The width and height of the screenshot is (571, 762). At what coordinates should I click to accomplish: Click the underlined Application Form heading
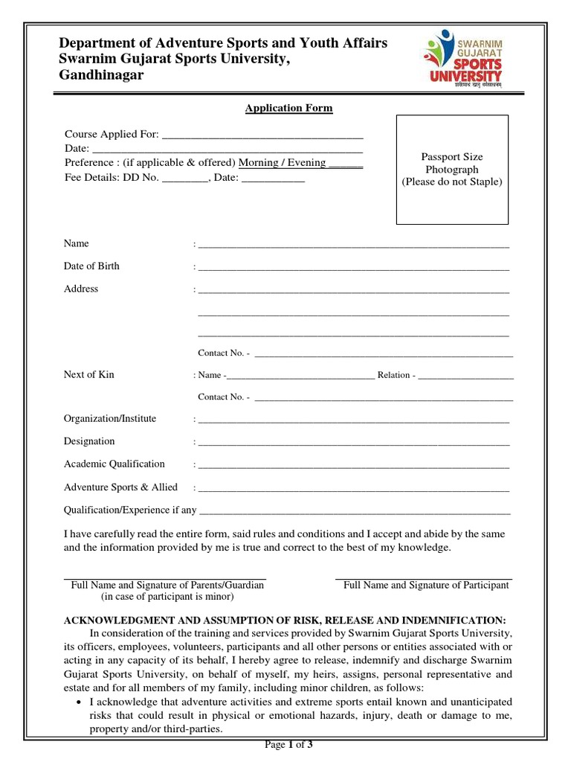pyautogui.click(x=289, y=109)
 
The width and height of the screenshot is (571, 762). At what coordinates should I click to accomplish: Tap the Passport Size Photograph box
pyautogui.click(x=452, y=170)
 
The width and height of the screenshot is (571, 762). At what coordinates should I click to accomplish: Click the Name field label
pyautogui.click(x=77, y=243)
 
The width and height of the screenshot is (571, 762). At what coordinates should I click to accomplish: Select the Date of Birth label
pyautogui.click(x=91, y=266)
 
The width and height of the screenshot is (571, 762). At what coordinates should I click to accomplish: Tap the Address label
pyautogui.click(x=81, y=289)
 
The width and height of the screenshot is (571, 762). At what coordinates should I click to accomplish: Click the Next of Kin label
pyautogui.click(x=89, y=374)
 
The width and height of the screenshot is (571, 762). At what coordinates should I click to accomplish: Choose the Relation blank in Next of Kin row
pyautogui.click(x=466, y=377)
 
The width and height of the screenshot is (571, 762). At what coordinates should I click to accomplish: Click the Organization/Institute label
pyautogui.click(x=110, y=418)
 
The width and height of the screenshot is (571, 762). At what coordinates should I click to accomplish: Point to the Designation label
pyautogui.click(x=89, y=441)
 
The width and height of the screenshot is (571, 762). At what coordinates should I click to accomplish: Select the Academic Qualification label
pyautogui.click(x=114, y=464)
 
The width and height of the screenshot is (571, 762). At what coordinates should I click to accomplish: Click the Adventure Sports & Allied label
pyautogui.click(x=120, y=487)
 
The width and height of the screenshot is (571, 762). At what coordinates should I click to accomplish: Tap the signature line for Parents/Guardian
pyautogui.click(x=165, y=577)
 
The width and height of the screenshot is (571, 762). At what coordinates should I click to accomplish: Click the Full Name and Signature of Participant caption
pyautogui.click(x=426, y=586)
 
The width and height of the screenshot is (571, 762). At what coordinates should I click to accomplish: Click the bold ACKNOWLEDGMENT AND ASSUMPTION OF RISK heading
pyautogui.click(x=285, y=620)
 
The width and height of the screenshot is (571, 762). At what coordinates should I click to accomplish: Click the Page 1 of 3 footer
pyautogui.click(x=289, y=746)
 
